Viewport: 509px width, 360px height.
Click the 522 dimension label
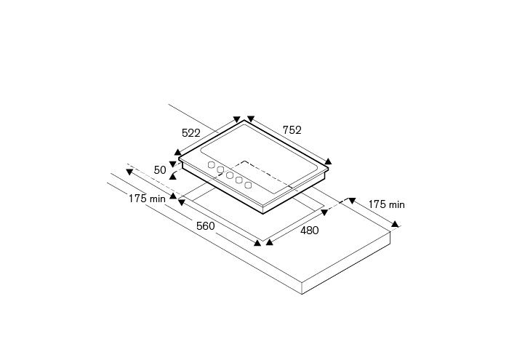(191, 133)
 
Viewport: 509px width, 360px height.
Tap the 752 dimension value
(292, 130)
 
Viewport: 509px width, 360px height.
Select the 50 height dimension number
(160, 170)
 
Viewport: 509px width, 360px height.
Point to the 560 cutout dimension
(206, 226)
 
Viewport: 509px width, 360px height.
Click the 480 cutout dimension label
(309, 231)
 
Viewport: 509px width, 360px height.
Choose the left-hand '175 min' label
(147, 199)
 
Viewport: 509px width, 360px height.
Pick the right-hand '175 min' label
(386, 204)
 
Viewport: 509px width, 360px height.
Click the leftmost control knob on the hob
(212, 165)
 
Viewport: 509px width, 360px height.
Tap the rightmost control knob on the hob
(248, 185)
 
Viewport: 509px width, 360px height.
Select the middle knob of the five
(230, 175)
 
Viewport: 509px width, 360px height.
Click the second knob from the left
(220, 169)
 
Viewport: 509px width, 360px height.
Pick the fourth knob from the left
(239, 180)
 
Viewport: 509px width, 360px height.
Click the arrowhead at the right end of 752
(328, 161)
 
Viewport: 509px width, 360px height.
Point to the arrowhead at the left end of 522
(177, 152)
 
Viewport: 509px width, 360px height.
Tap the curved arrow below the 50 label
(173, 176)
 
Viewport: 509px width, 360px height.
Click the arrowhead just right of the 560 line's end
(270, 242)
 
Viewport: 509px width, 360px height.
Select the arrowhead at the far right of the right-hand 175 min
(395, 224)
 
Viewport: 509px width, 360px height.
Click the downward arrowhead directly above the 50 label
(173, 164)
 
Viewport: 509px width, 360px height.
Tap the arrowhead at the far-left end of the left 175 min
(129, 172)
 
